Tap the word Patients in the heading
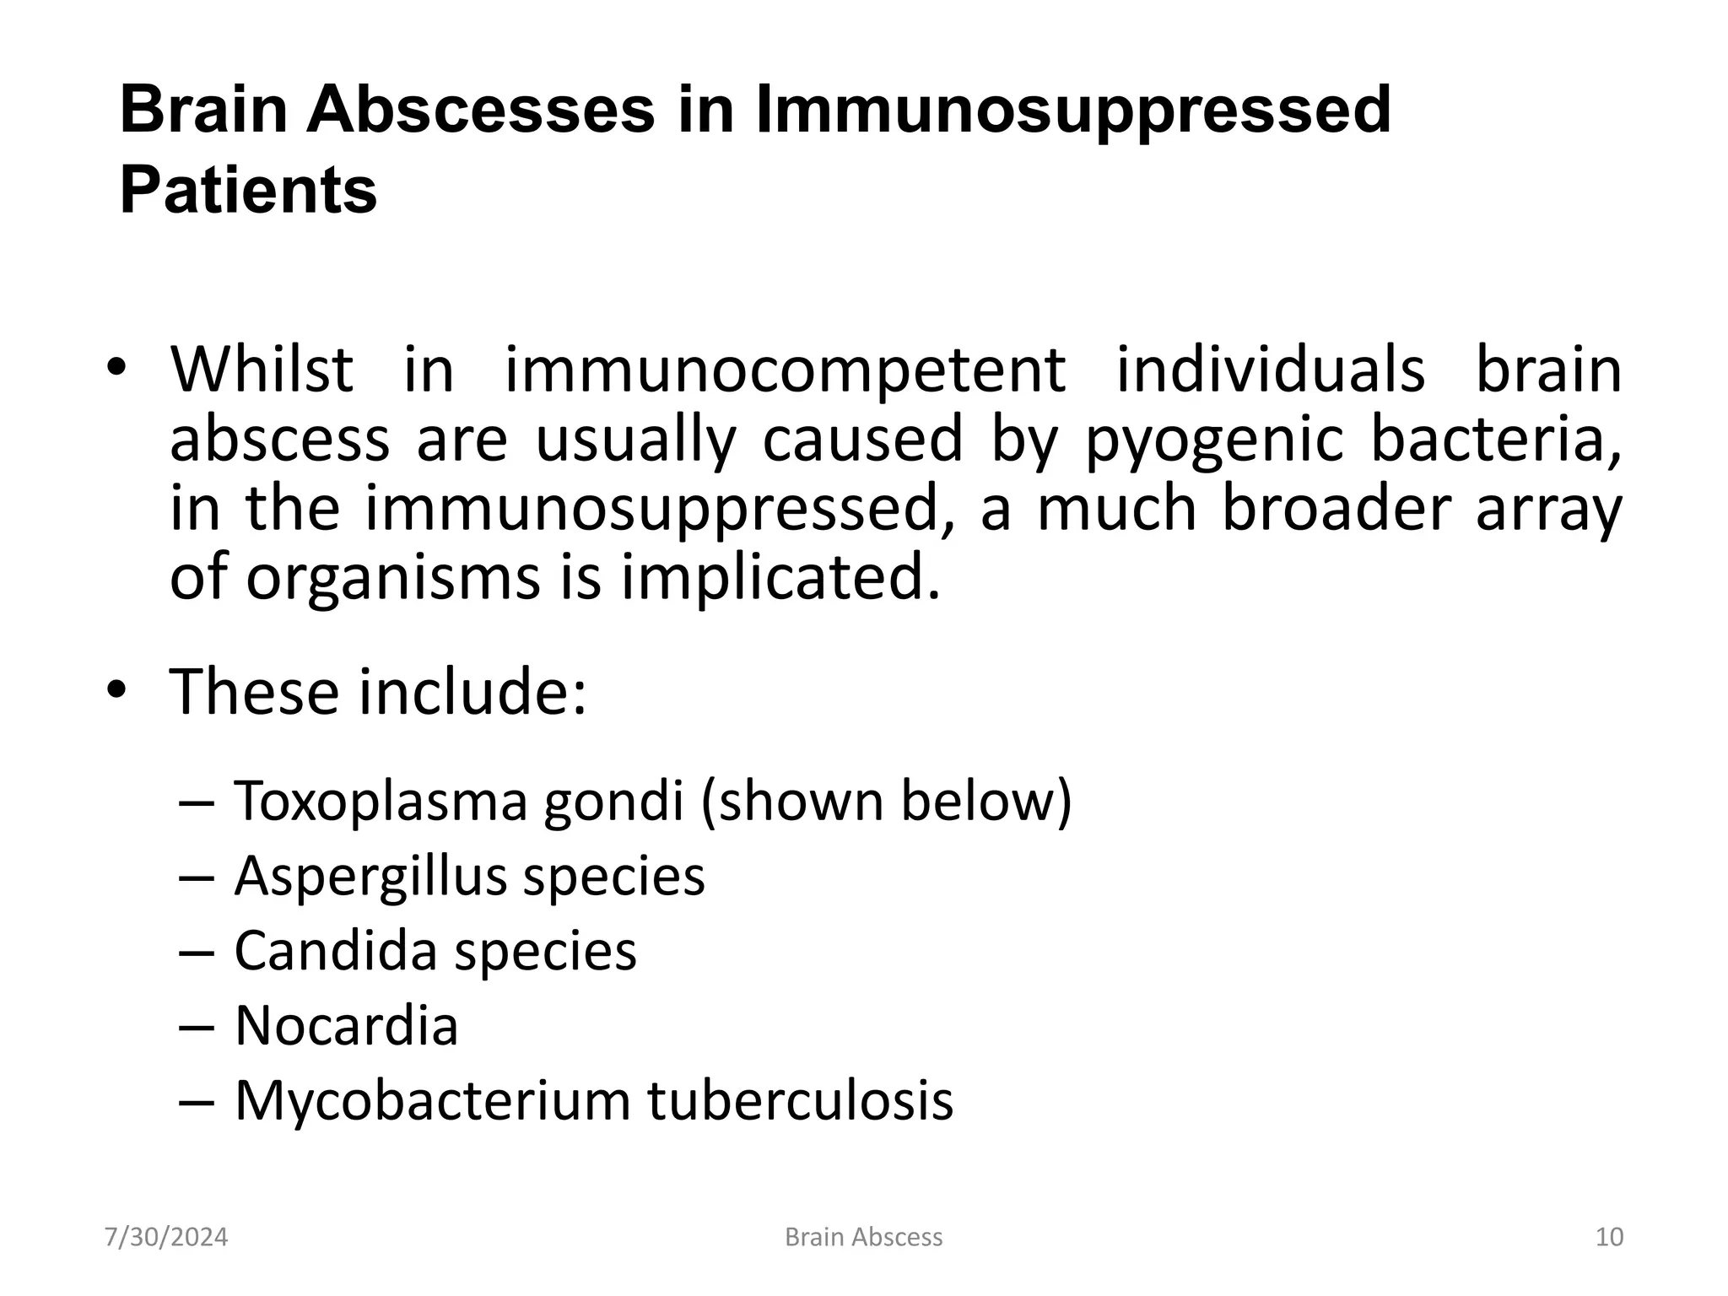click(248, 191)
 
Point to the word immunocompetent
click(785, 371)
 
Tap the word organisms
click(393, 579)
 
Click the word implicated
click(780, 579)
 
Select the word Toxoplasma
click(381, 802)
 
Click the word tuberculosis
click(800, 1100)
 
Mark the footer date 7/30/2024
click(166, 1237)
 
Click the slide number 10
click(1609, 1237)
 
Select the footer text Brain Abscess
click(863, 1237)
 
